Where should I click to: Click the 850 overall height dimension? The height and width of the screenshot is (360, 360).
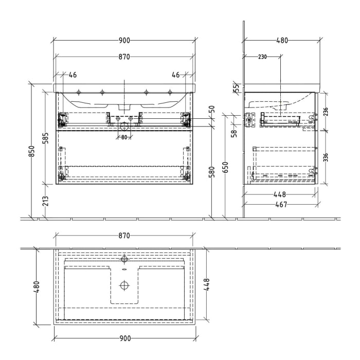point(31,151)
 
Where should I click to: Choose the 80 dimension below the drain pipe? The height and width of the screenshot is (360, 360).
point(123,137)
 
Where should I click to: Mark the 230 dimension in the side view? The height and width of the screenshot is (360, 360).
point(262,57)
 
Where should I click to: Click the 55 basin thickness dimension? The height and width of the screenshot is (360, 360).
point(236,88)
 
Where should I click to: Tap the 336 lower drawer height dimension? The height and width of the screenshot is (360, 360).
point(326,157)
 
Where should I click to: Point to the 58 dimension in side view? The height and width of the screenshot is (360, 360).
point(234,134)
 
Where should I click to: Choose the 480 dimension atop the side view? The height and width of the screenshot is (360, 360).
point(282,40)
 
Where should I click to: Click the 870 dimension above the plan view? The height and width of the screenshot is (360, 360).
point(124,236)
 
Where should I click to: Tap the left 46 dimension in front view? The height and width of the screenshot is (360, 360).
point(73,75)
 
